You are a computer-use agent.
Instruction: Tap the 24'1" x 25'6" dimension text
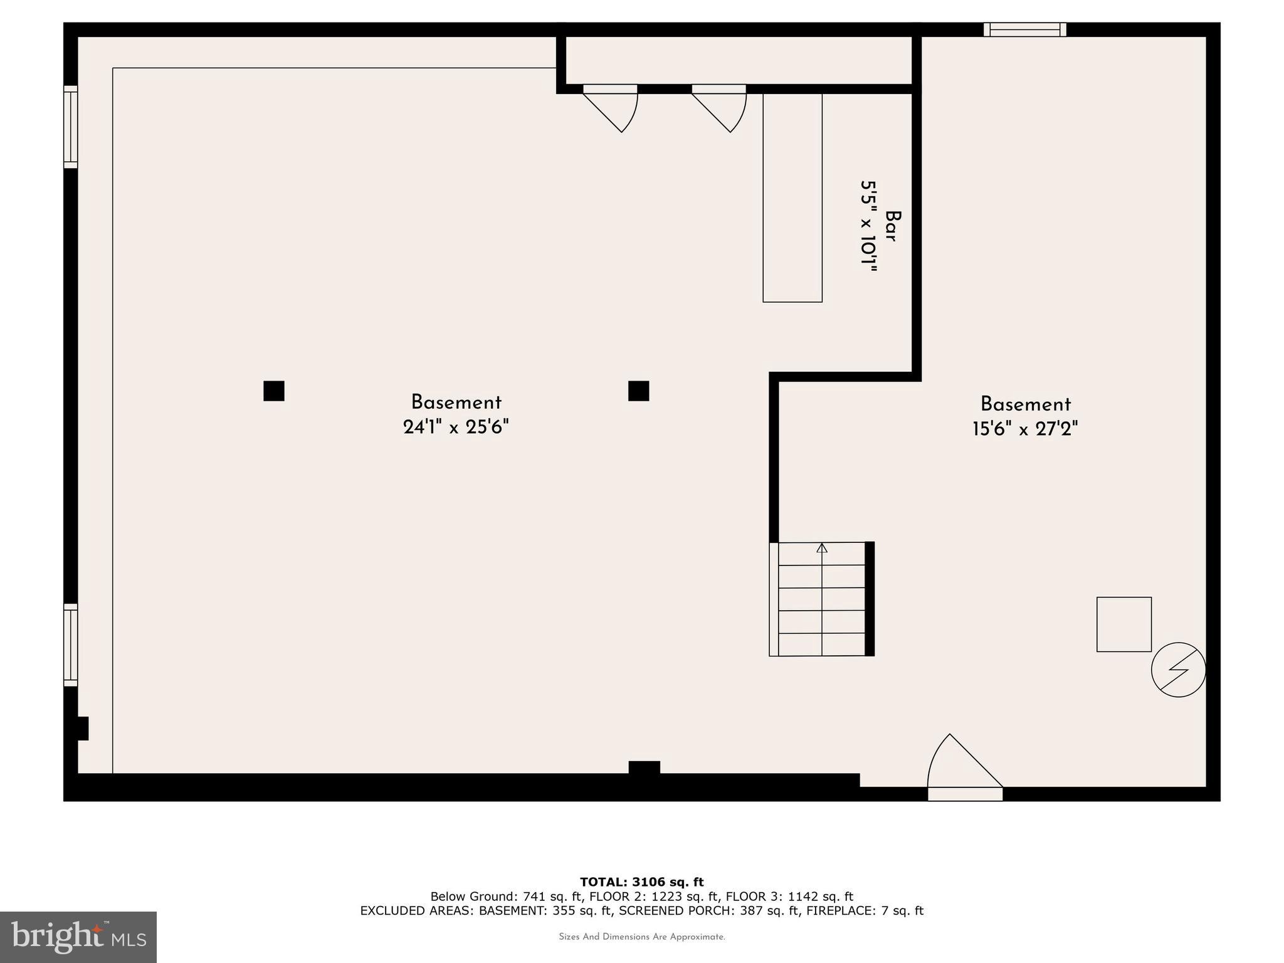pyautogui.click(x=456, y=428)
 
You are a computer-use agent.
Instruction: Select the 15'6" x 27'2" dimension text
pyautogui.click(x=1025, y=429)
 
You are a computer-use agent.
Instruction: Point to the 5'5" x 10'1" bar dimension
pyautogui.click(x=868, y=226)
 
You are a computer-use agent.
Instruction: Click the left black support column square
pyautogui.click(x=274, y=391)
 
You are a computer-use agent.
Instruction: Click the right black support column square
pyautogui.click(x=638, y=391)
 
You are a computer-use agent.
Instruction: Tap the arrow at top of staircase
pyautogui.click(x=822, y=549)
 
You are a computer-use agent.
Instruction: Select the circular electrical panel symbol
pyautogui.click(x=1178, y=670)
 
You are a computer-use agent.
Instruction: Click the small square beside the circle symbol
pyautogui.click(x=1123, y=624)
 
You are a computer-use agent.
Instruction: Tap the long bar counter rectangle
pyautogui.click(x=792, y=197)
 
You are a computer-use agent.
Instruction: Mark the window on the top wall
pyautogui.click(x=1024, y=29)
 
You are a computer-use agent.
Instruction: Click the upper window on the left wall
pyautogui.click(x=71, y=127)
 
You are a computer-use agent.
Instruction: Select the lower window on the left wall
pyautogui.click(x=71, y=645)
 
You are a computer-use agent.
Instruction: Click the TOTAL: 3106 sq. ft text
pyautogui.click(x=641, y=882)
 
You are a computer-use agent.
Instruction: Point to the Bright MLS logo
pyautogui.click(x=78, y=937)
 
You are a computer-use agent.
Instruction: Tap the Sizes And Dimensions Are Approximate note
pyautogui.click(x=641, y=937)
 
